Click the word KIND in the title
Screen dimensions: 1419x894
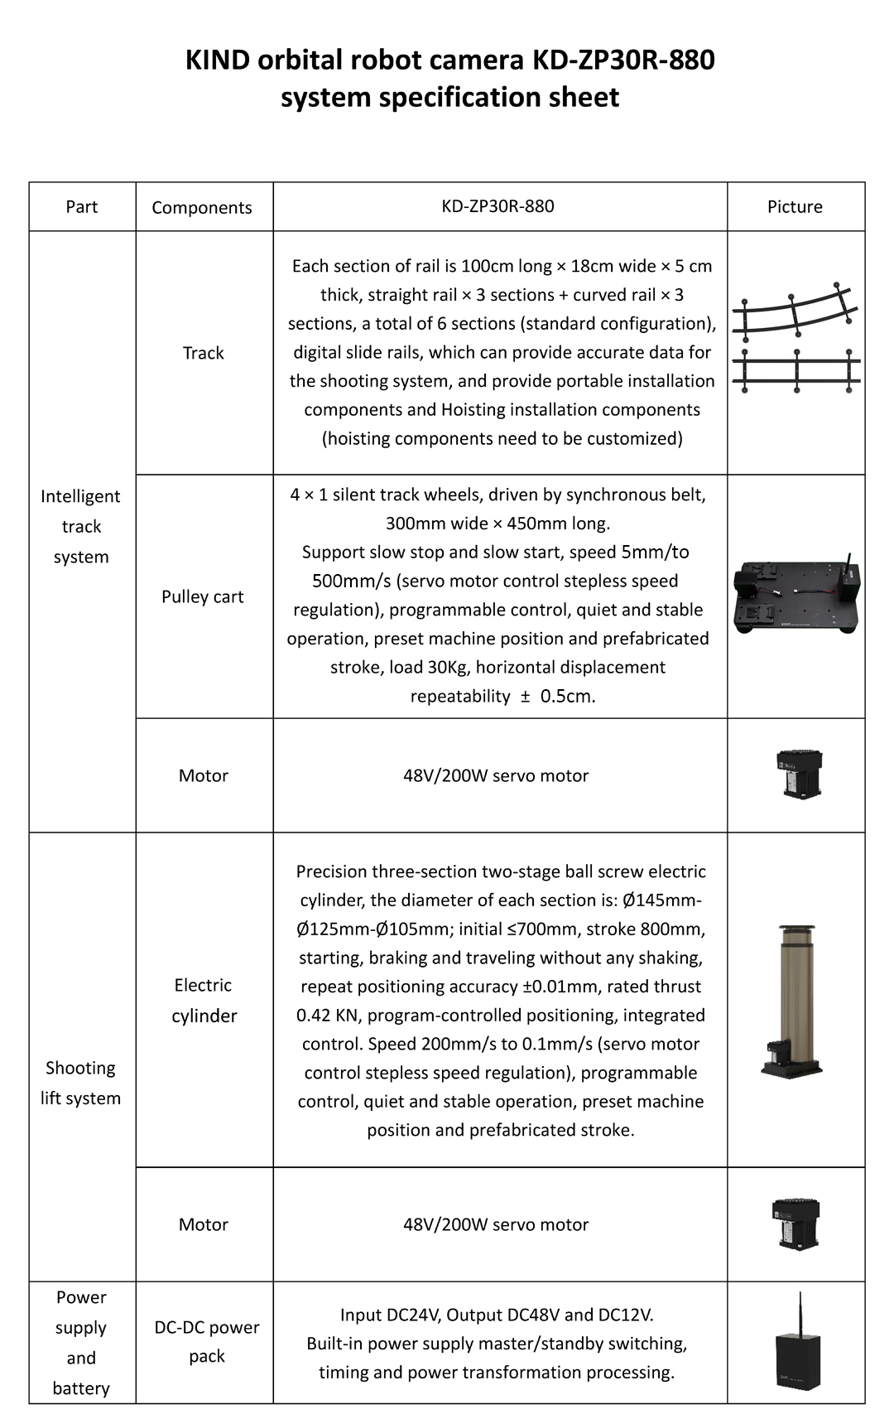(217, 60)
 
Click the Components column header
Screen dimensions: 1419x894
(202, 208)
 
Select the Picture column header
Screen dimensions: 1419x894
(795, 207)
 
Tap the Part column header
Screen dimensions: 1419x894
(82, 207)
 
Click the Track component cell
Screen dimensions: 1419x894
(204, 353)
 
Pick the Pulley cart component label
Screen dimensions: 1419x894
(203, 596)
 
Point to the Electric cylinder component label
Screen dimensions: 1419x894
(204, 1000)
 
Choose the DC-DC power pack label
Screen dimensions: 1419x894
(207, 1341)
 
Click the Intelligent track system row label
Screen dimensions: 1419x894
(81, 526)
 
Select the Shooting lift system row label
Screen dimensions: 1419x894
(81, 1083)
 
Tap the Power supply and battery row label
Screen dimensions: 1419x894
(81, 1342)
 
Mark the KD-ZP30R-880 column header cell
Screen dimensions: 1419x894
(498, 206)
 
